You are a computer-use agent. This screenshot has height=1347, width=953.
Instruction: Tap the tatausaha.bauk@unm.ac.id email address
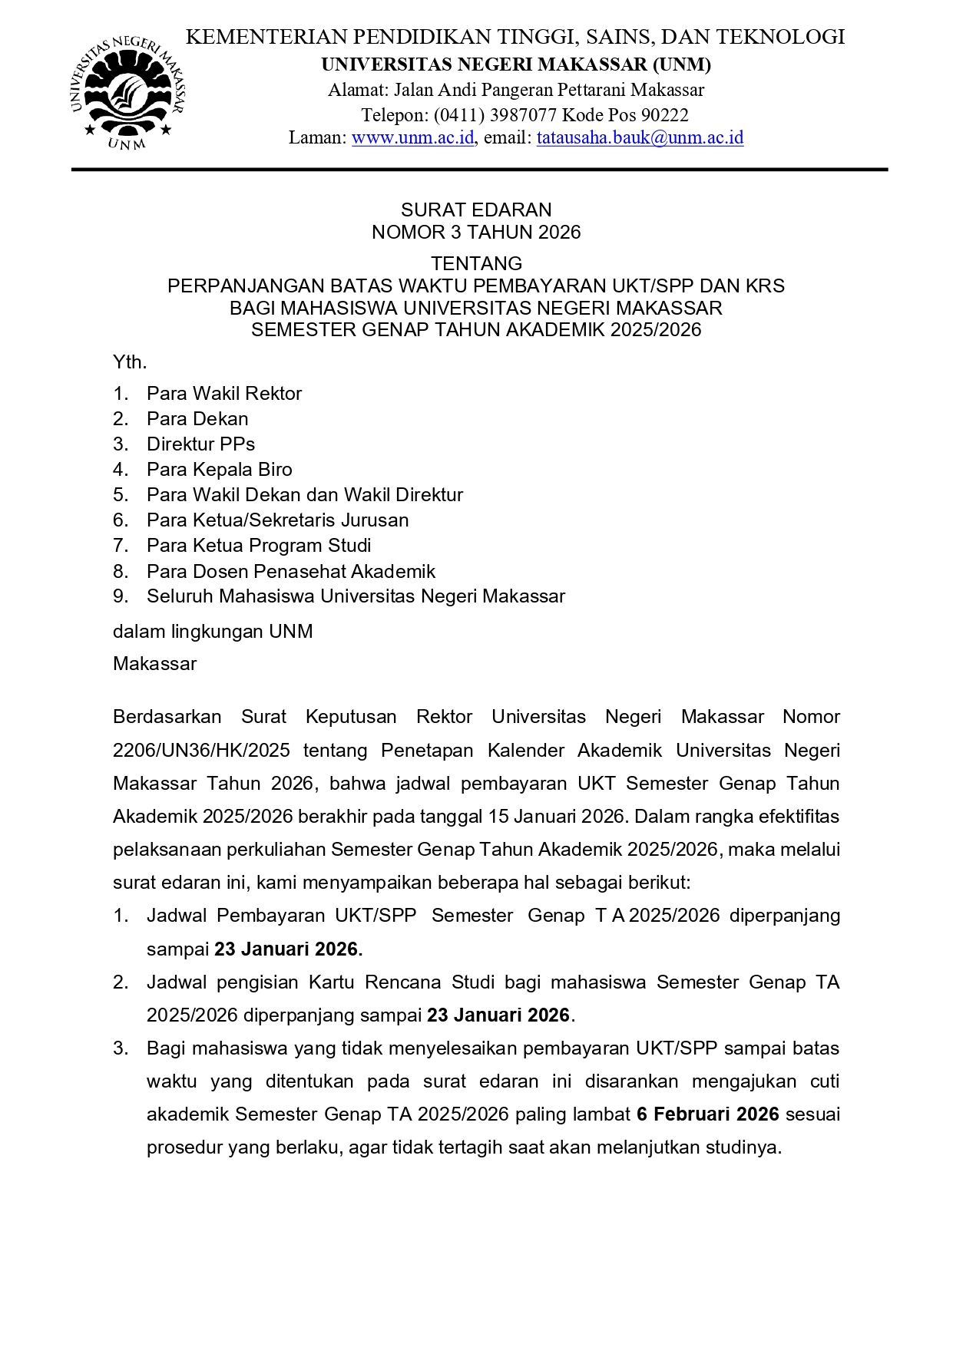pos(640,138)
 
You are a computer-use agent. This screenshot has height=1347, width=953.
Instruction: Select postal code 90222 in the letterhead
pos(664,115)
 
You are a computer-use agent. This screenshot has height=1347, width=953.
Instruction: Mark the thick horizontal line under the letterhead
pos(479,170)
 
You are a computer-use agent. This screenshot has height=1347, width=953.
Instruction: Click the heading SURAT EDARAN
pos(476,210)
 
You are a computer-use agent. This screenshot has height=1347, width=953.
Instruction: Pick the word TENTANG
pos(476,264)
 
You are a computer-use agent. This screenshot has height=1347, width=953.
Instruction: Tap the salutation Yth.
pos(129,362)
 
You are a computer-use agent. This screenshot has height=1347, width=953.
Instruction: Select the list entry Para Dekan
pos(197,419)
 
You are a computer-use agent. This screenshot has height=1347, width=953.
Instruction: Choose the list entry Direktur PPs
pos(200,444)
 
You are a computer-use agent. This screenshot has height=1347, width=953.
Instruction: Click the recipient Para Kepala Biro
pos(219,470)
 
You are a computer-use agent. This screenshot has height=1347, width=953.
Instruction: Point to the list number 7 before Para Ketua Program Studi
pos(120,546)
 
